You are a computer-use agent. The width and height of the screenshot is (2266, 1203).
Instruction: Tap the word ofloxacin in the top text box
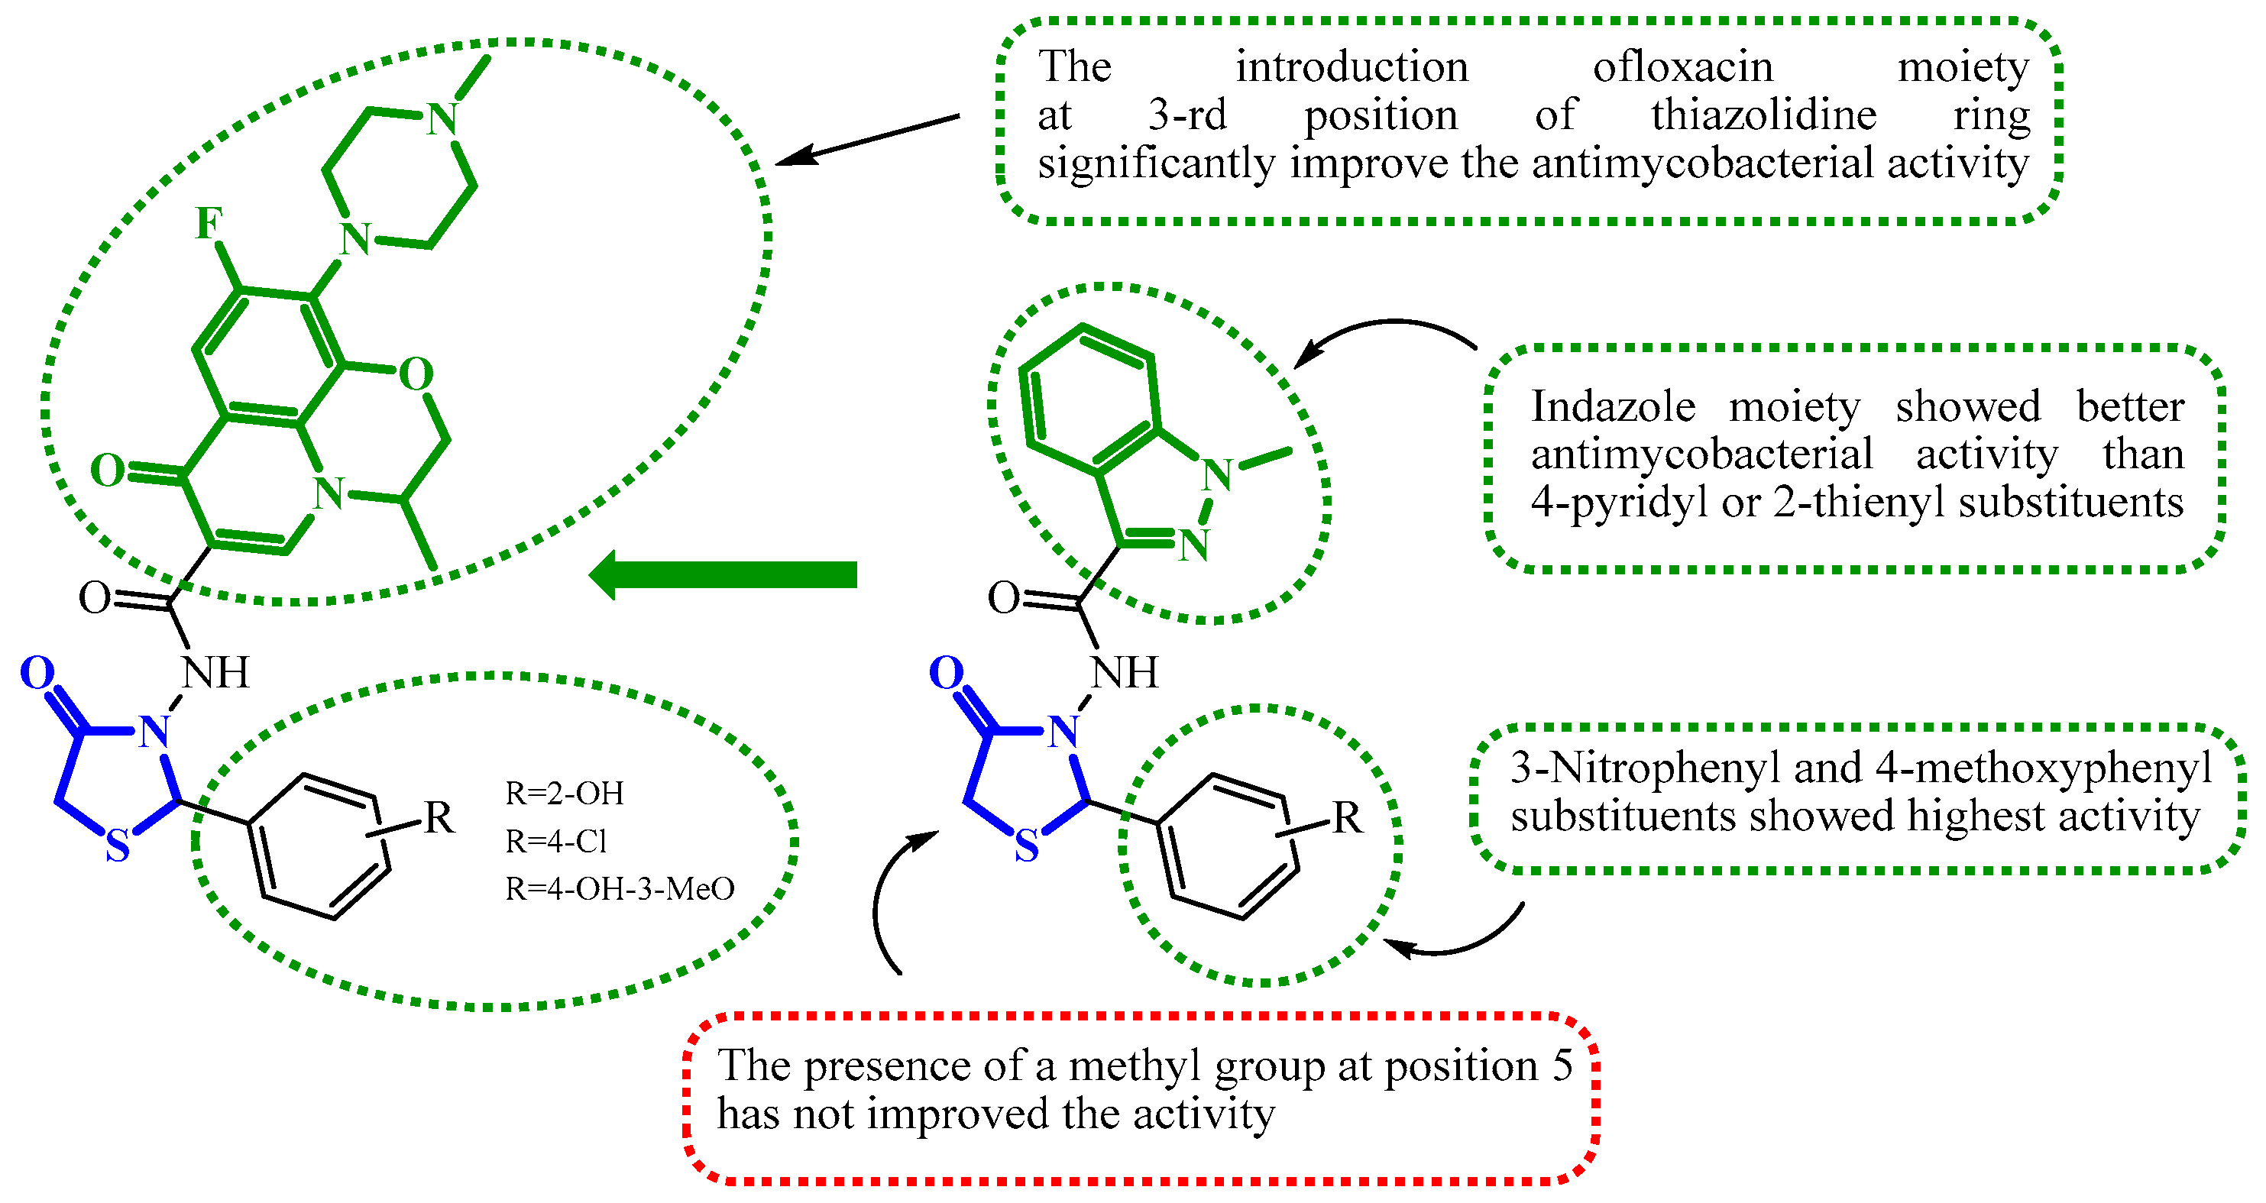pyautogui.click(x=1683, y=67)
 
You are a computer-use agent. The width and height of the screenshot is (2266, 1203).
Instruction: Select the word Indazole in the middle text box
pyautogui.click(x=1614, y=406)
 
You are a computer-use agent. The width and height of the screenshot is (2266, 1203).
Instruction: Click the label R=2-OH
pyautogui.click(x=565, y=793)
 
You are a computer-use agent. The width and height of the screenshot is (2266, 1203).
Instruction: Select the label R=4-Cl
pyautogui.click(x=556, y=842)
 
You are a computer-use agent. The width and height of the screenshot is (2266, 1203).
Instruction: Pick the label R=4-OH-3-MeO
pyautogui.click(x=620, y=889)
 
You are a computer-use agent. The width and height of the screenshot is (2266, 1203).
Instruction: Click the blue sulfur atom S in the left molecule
pyautogui.click(x=118, y=847)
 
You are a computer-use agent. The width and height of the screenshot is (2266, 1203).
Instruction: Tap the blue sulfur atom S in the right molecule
pyautogui.click(x=1027, y=847)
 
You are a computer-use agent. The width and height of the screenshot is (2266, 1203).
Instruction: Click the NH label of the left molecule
pyautogui.click(x=215, y=674)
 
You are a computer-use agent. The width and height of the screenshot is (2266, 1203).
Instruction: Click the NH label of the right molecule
pyautogui.click(x=1124, y=674)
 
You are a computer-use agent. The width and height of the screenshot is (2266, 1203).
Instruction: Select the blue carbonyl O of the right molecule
pyautogui.click(x=947, y=674)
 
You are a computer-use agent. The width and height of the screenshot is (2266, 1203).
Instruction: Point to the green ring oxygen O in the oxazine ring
pyautogui.click(x=416, y=374)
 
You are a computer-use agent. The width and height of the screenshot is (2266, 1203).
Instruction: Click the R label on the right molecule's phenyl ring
pyautogui.click(x=1347, y=819)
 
